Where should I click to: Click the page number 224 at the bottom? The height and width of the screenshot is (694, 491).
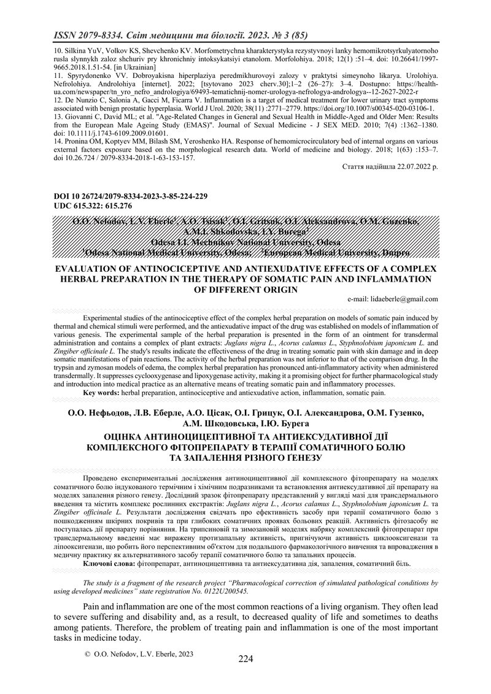pos(245,659)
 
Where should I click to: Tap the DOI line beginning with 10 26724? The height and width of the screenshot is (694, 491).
pos(123,196)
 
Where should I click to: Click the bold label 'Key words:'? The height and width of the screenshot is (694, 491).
pos(101,391)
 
